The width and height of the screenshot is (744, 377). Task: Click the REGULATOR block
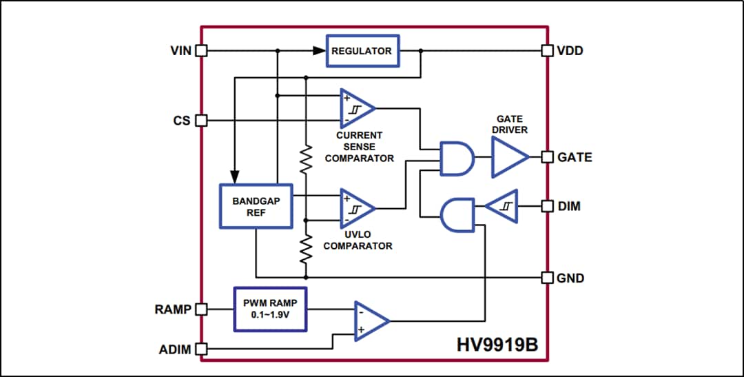coord(362,51)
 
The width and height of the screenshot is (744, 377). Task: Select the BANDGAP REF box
coord(255,206)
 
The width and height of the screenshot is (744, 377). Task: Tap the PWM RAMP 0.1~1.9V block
coord(270,309)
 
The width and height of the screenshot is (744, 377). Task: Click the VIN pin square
coord(201,50)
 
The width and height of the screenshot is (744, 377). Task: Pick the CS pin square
coord(201,121)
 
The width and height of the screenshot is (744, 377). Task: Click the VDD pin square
coord(547,50)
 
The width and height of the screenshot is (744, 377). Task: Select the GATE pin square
coord(547,157)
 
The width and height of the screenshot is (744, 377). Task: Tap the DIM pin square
coord(547,206)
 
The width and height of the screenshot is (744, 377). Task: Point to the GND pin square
coord(547,278)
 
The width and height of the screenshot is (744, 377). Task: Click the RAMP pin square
coord(201,309)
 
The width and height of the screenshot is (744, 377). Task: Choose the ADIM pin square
coord(201,349)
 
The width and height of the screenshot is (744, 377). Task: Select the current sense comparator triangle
coord(355,108)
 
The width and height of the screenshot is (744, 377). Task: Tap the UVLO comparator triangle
coord(355,208)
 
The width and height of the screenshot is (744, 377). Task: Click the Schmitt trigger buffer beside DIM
coord(502,206)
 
